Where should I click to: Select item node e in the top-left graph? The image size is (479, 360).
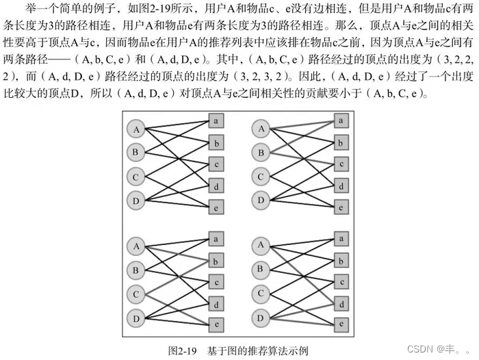216,206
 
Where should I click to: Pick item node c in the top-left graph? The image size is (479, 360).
216,164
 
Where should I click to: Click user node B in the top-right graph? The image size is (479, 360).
260,152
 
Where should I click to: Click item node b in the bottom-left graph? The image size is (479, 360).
216,260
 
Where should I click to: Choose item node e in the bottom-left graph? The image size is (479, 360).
216,323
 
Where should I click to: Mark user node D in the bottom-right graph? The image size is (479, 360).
260,317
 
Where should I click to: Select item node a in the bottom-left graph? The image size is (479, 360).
216,239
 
